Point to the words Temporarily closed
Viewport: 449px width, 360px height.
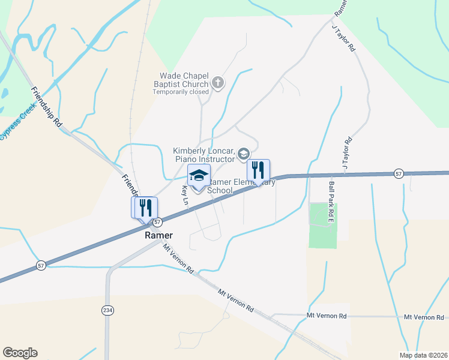point(181,92)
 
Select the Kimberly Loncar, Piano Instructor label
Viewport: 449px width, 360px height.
point(204,155)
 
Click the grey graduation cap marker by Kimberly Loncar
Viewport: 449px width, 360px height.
point(243,154)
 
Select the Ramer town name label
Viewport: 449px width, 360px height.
point(159,235)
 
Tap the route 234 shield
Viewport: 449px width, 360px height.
point(107,310)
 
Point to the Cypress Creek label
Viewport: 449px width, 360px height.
point(17,123)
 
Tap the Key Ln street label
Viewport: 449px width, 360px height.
point(185,196)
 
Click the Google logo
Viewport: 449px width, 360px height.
point(20,353)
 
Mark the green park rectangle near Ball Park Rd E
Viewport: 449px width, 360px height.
point(323,226)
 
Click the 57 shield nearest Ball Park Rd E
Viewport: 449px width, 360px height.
point(399,173)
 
